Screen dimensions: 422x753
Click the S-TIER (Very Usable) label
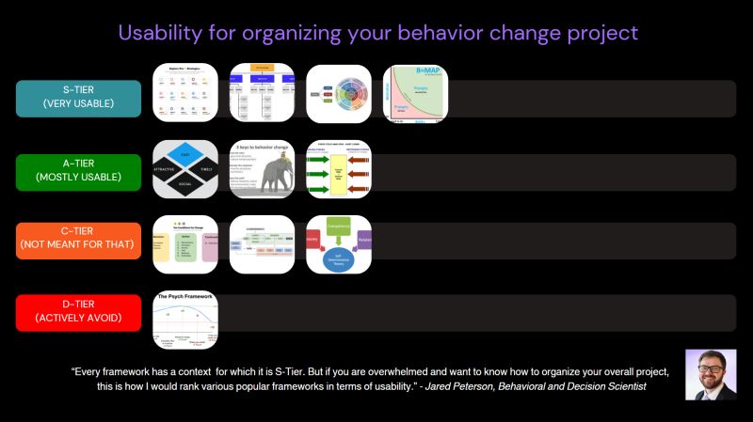(78, 98)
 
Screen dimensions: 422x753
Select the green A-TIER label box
(78, 172)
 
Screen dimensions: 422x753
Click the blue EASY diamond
(185, 152)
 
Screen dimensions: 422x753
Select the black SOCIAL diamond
(185, 184)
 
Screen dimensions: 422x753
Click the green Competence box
(339, 227)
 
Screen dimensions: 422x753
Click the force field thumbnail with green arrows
(339, 169)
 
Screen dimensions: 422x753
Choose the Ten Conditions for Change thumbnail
(185, 244)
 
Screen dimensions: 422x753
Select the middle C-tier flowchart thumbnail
(262, 244)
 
